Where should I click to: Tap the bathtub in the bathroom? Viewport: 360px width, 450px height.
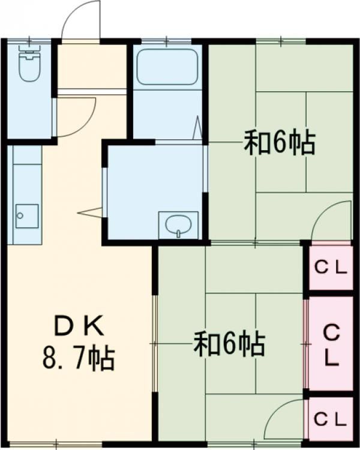166,67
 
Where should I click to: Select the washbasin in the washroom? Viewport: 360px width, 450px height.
178,225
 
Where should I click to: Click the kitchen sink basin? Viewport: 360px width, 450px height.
26,215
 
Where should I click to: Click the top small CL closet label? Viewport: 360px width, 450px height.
331,268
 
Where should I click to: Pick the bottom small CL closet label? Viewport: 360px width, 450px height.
331,418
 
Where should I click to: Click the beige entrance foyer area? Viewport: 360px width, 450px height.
91,66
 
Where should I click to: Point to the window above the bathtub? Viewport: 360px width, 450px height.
166,42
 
